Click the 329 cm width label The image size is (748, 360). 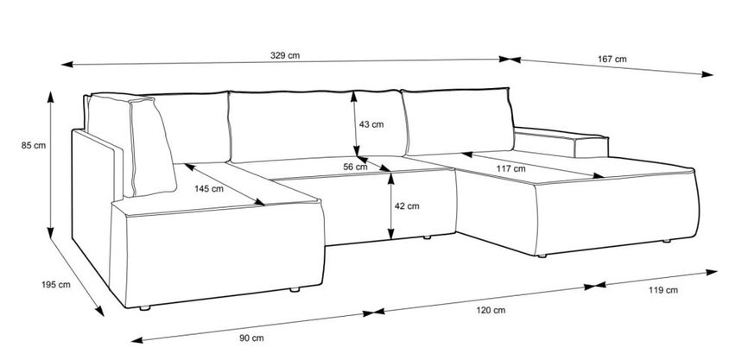pyautogui.click(x=285, y=55)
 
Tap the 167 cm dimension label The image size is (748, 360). pyautogui.click(x=612, y=59)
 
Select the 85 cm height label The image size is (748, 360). pyautogui.click(x=34, y=145)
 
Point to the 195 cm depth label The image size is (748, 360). pyautogui.click(x=56, y=285)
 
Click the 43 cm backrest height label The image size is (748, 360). pyautogui.click(x=371, y=124)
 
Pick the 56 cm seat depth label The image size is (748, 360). pyautogui.click(x=355, y=167)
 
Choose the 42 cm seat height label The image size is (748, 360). pyautogui.click(x=407, y=206)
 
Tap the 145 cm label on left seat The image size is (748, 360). pyautogui.click(x=208, y=188)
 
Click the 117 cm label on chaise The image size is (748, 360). pyautogui.click(x=510, y=168)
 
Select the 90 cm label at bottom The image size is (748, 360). pyautogui.click(x=251, y=338)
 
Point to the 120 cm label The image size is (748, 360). pyautogui.click(x=491, y=311)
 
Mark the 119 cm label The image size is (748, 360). pyautogui.click(x=663, y=290)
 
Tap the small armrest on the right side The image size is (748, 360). pyautogui.click(x=561, y=142)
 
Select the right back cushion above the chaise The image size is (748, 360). pyautogui.click(x=457, y=121)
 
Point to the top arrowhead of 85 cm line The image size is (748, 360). pyautogui.click(x=50, y=97)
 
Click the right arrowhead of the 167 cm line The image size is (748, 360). pyautogui.click(x=707, y=73)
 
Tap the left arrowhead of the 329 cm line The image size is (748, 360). pyautogui.click(x=67, y=64)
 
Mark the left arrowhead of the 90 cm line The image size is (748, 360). pyautogui.click(x=137, y=340)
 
